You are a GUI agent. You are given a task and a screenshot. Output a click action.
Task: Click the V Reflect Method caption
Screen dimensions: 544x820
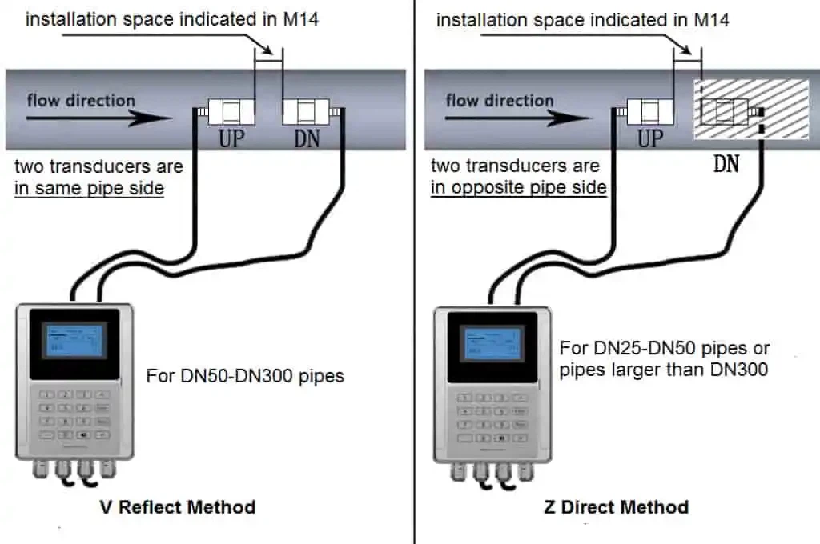178,506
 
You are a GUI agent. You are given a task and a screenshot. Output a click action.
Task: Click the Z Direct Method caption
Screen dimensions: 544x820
614,506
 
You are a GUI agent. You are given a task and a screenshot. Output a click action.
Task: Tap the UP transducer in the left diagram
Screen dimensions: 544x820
226,111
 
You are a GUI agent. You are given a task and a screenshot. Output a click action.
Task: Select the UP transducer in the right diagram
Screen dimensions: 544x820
646,111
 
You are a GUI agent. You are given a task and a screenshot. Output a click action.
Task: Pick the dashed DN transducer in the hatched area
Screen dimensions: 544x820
725,111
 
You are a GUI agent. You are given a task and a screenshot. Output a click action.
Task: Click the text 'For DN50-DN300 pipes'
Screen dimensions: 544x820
245,375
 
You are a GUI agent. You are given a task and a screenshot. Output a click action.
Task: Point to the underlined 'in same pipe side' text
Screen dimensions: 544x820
89,189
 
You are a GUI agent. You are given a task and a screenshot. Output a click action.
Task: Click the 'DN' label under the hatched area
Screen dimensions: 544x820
726,165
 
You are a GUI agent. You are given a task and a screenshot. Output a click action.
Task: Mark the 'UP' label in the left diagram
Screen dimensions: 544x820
231,139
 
